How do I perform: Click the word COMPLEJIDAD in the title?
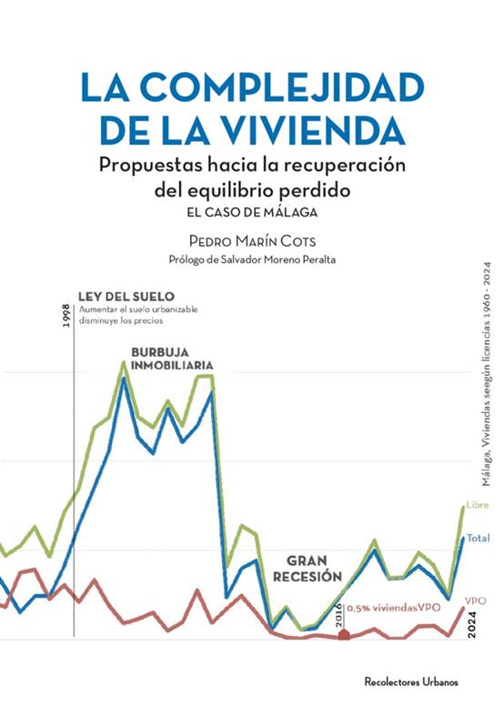282,87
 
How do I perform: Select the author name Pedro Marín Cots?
253,241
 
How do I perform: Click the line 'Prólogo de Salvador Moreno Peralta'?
252,259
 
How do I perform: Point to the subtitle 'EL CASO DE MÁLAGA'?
253,213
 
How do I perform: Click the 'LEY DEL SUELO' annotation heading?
126,297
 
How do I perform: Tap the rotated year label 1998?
66,316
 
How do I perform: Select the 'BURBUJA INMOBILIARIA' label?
172,359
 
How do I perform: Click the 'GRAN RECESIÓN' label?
307,569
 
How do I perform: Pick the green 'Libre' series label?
478,505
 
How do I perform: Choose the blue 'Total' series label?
478,538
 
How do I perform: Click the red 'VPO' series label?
476,601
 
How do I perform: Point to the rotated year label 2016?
338,614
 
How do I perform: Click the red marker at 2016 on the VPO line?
344,634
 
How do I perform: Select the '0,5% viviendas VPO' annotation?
394,608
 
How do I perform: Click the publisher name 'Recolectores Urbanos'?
411,682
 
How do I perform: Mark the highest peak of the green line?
124,361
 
